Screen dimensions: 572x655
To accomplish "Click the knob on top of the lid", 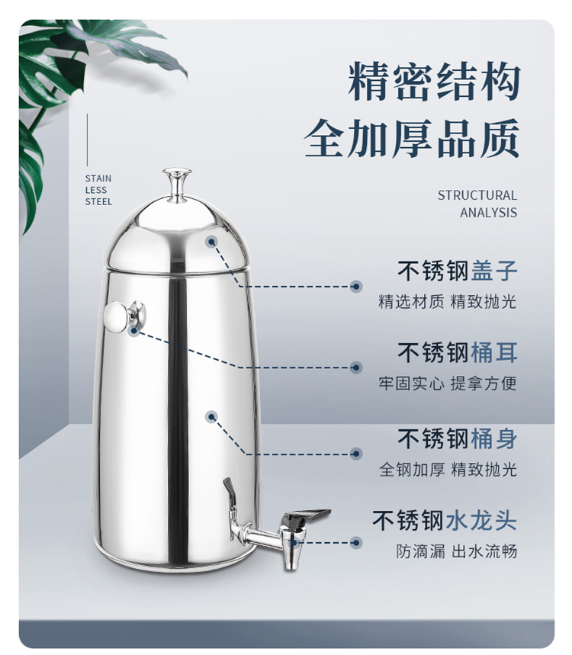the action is click(x=177, y=185).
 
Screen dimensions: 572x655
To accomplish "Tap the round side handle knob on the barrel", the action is click(x=124, y=316).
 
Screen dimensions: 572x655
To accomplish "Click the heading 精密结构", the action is click(x=434, y=81).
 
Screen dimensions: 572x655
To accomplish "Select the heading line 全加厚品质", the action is click(x=412, y=138).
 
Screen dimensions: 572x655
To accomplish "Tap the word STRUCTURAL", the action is click(x=477, y=195).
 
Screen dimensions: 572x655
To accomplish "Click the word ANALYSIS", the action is click(x=488, y=212).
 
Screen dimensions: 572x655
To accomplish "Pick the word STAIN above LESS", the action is click(x=98, y=178).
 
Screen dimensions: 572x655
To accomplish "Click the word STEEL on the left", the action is click(x=98, y=201).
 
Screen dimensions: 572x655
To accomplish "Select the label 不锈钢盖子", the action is click(x=457, y=270).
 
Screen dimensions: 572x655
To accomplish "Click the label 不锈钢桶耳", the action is click(x=457, y=352).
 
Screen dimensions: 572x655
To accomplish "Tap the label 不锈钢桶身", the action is click(x=457, y=438).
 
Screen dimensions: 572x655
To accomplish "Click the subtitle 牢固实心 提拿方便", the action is click(x=448, y=383).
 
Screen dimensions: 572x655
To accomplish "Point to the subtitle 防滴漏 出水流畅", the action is click(x=457, y=551).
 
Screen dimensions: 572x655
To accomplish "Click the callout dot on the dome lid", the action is click(x=212, y=241).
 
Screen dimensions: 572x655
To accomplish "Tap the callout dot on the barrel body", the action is click(x=212, y=416).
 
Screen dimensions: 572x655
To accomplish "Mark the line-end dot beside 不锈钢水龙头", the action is click(x=356, y=543).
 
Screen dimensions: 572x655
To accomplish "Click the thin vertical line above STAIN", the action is click(x=87, y=140).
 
